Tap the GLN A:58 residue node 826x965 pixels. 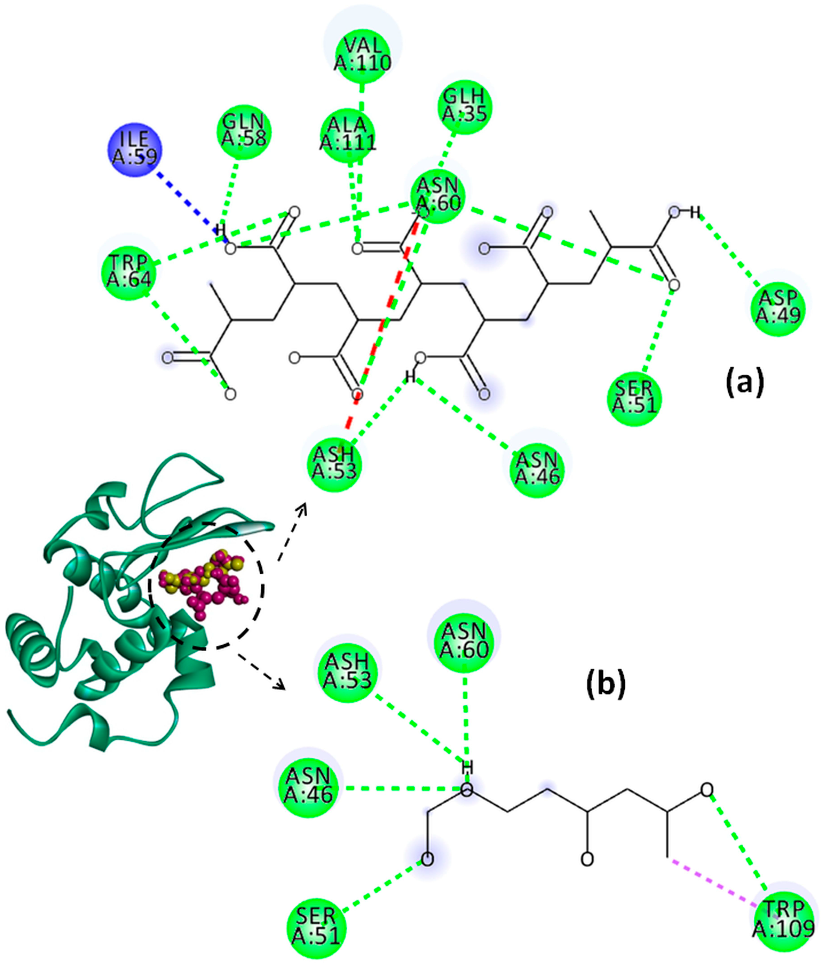pos(244,131)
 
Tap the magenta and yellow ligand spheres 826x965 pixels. pos(205,582)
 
